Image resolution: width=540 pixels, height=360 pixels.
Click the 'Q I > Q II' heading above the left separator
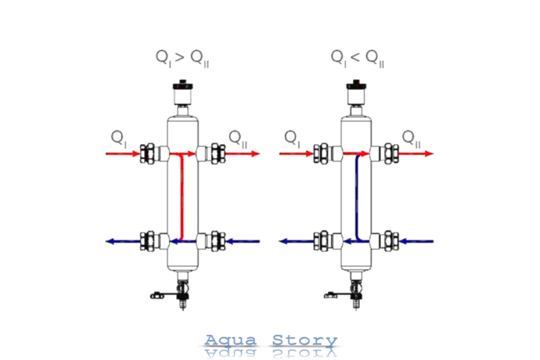183,59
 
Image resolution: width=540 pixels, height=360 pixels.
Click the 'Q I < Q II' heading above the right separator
357,59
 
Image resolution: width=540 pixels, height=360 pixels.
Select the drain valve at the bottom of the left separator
178,292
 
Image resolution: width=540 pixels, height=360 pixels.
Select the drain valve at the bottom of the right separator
352,292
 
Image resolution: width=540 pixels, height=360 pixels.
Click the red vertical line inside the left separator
182,197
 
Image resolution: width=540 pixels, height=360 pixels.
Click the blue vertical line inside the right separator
357,197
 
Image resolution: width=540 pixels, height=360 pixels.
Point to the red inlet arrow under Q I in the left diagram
123,153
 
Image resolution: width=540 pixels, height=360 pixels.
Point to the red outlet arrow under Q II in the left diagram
242,153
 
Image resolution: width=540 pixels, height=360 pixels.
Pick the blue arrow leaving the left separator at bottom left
123,241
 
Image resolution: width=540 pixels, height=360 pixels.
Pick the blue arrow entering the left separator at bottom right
243,241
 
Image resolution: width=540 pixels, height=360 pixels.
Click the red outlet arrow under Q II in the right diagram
416,153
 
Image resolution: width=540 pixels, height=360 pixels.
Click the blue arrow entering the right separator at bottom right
416,241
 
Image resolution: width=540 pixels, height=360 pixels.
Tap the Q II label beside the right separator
411,139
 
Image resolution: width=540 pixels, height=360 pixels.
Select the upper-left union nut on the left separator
147,154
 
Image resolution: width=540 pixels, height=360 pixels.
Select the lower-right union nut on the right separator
391,241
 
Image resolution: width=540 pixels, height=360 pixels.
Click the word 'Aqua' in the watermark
230,340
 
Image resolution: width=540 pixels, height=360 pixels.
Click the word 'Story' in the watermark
305,341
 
